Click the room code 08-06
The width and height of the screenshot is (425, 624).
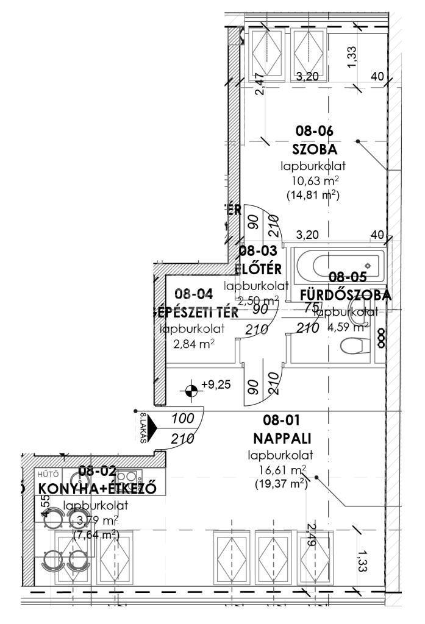315,130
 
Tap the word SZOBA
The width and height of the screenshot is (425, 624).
315,149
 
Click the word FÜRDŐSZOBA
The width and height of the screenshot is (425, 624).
345,294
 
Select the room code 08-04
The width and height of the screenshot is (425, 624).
194,294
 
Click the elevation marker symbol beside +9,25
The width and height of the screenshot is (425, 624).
191,390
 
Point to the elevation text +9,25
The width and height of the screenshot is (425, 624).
217,385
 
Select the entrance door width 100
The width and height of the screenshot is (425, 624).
182,419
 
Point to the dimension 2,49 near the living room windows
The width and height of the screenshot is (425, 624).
313,535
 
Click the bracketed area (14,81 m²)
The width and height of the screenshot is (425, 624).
313,196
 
